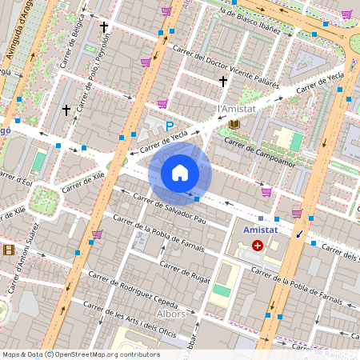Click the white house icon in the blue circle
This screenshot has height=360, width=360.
click(x=180, y=172)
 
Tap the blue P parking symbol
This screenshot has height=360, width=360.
click(x=169, y=126)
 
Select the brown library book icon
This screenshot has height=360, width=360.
click(x=234, y=124)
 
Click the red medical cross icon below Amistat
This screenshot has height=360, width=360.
click(x=258, y=246)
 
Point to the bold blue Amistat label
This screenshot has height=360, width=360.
click(x=261, y=230)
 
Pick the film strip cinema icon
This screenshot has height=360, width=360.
click(x=8, y=250)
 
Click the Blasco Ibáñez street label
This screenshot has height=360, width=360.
click(x=252, y=22)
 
